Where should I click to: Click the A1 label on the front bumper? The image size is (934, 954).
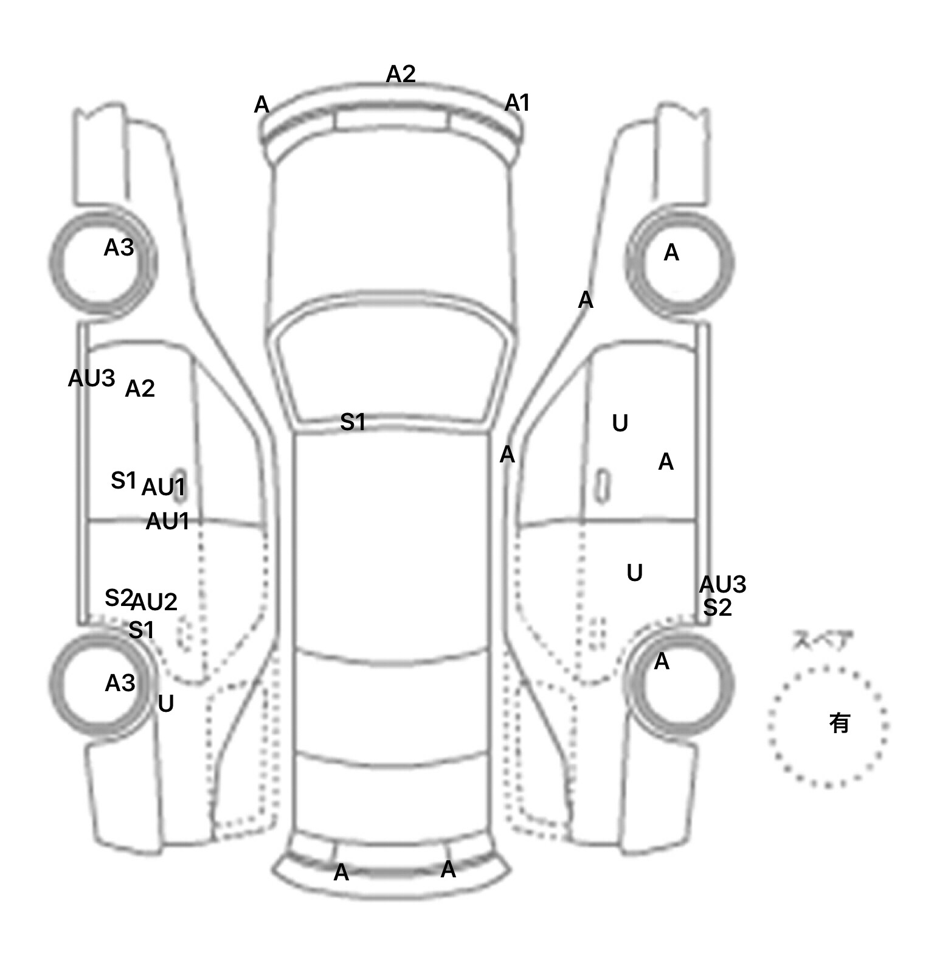click(517, 103)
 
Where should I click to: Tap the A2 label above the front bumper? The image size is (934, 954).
click(401, 74)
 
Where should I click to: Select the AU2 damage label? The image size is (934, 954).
click(154, 602)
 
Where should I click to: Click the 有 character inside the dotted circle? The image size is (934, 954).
click(839, 723)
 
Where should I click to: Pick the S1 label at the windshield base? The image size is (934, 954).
click(353, 422)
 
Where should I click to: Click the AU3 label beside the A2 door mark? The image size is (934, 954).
click(91, 378)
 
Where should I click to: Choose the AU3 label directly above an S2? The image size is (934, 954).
click(722, 584)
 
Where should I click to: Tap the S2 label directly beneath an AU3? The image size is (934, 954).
click(718, 607)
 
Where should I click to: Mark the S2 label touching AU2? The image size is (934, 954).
click(119, 598)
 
